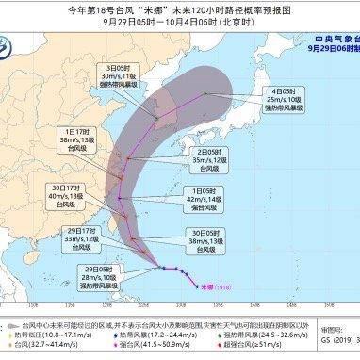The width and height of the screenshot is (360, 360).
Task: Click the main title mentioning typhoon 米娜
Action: (x=179, y=10)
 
